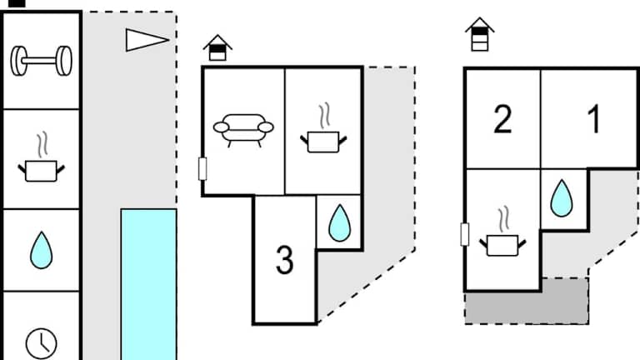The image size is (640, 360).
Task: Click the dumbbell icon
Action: [x=41, y=59]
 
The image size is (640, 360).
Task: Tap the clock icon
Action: [x=41, y=342]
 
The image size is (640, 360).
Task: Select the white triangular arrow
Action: [x=147, y=39]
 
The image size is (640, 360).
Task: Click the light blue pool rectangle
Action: [x=148, y=283]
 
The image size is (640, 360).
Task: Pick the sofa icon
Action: [x=242, y=128]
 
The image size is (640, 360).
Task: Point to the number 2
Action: [x=502, y=120]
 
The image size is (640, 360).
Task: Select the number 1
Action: [x=594, y=120]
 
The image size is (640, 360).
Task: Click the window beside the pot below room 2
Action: [x=464, y=234]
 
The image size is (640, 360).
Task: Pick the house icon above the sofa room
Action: [x=217, y=47]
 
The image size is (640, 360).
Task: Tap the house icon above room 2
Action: [x=479, y=35]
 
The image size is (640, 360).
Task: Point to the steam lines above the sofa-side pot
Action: [x=323, y=113]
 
